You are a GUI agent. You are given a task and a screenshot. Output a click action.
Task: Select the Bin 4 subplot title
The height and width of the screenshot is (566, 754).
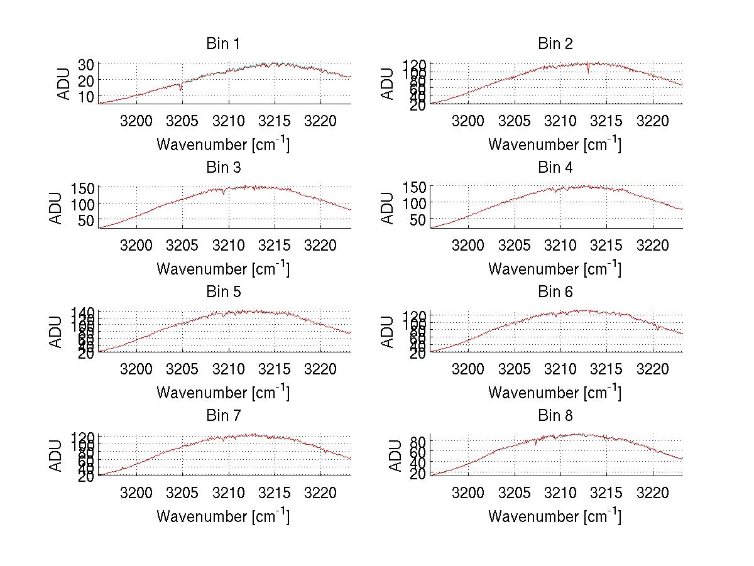(555, 168)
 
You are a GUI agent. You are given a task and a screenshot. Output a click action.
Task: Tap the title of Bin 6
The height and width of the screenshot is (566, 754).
(555, 291)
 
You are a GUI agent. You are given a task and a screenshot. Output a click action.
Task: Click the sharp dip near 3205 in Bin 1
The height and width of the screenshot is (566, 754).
(181, 89)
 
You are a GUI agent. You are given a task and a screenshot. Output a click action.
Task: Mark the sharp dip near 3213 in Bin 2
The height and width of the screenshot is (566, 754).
(588, 71)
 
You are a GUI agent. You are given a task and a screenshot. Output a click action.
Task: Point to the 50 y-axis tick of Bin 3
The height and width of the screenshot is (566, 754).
(86, 220)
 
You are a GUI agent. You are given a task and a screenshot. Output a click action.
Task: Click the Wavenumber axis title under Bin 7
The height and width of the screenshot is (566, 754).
(222, 516)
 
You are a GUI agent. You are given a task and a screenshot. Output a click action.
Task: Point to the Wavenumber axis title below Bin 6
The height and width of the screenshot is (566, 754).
(555, 393)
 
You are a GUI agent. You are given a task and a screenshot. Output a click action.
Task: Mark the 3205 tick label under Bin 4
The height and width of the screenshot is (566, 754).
(514, 244)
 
